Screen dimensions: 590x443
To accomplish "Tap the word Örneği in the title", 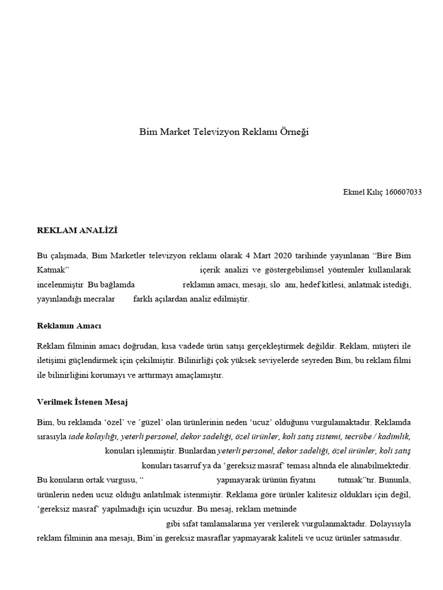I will [294, 132].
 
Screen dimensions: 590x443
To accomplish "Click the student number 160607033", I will [403, 192].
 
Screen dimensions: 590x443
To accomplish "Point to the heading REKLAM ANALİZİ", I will [77, 230].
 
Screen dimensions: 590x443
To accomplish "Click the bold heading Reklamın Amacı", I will [69, 326].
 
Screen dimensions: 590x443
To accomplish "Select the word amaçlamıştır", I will [196, 375].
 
